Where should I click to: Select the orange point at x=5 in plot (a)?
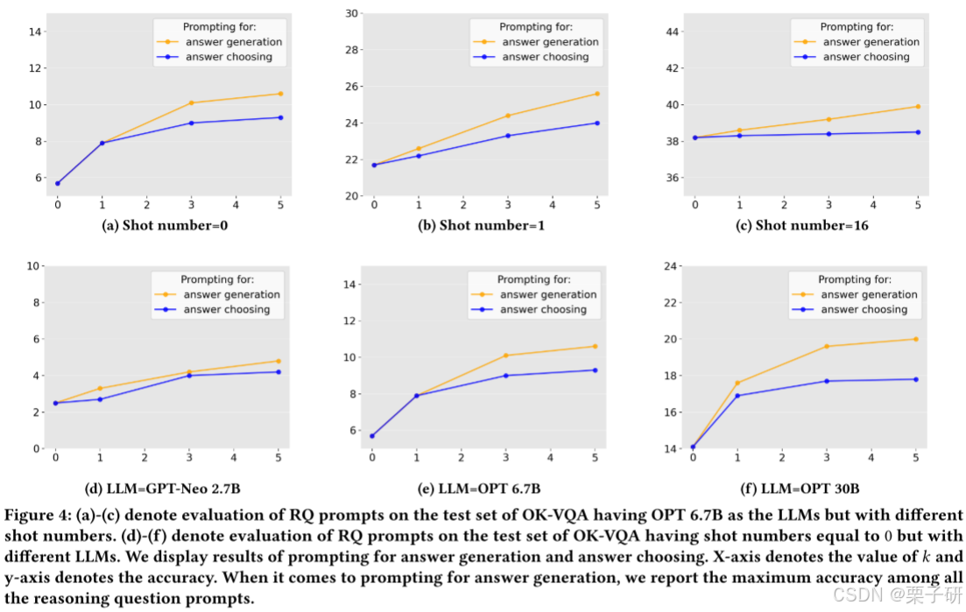280,94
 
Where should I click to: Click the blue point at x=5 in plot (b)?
597,123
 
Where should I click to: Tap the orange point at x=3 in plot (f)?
827,346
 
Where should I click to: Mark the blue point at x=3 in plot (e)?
505,376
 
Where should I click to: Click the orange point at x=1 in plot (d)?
100,388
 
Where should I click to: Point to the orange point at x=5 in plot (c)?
918,107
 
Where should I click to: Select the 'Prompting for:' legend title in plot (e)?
534,279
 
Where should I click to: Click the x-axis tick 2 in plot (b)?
463,204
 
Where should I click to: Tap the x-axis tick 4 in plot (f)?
871,457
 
